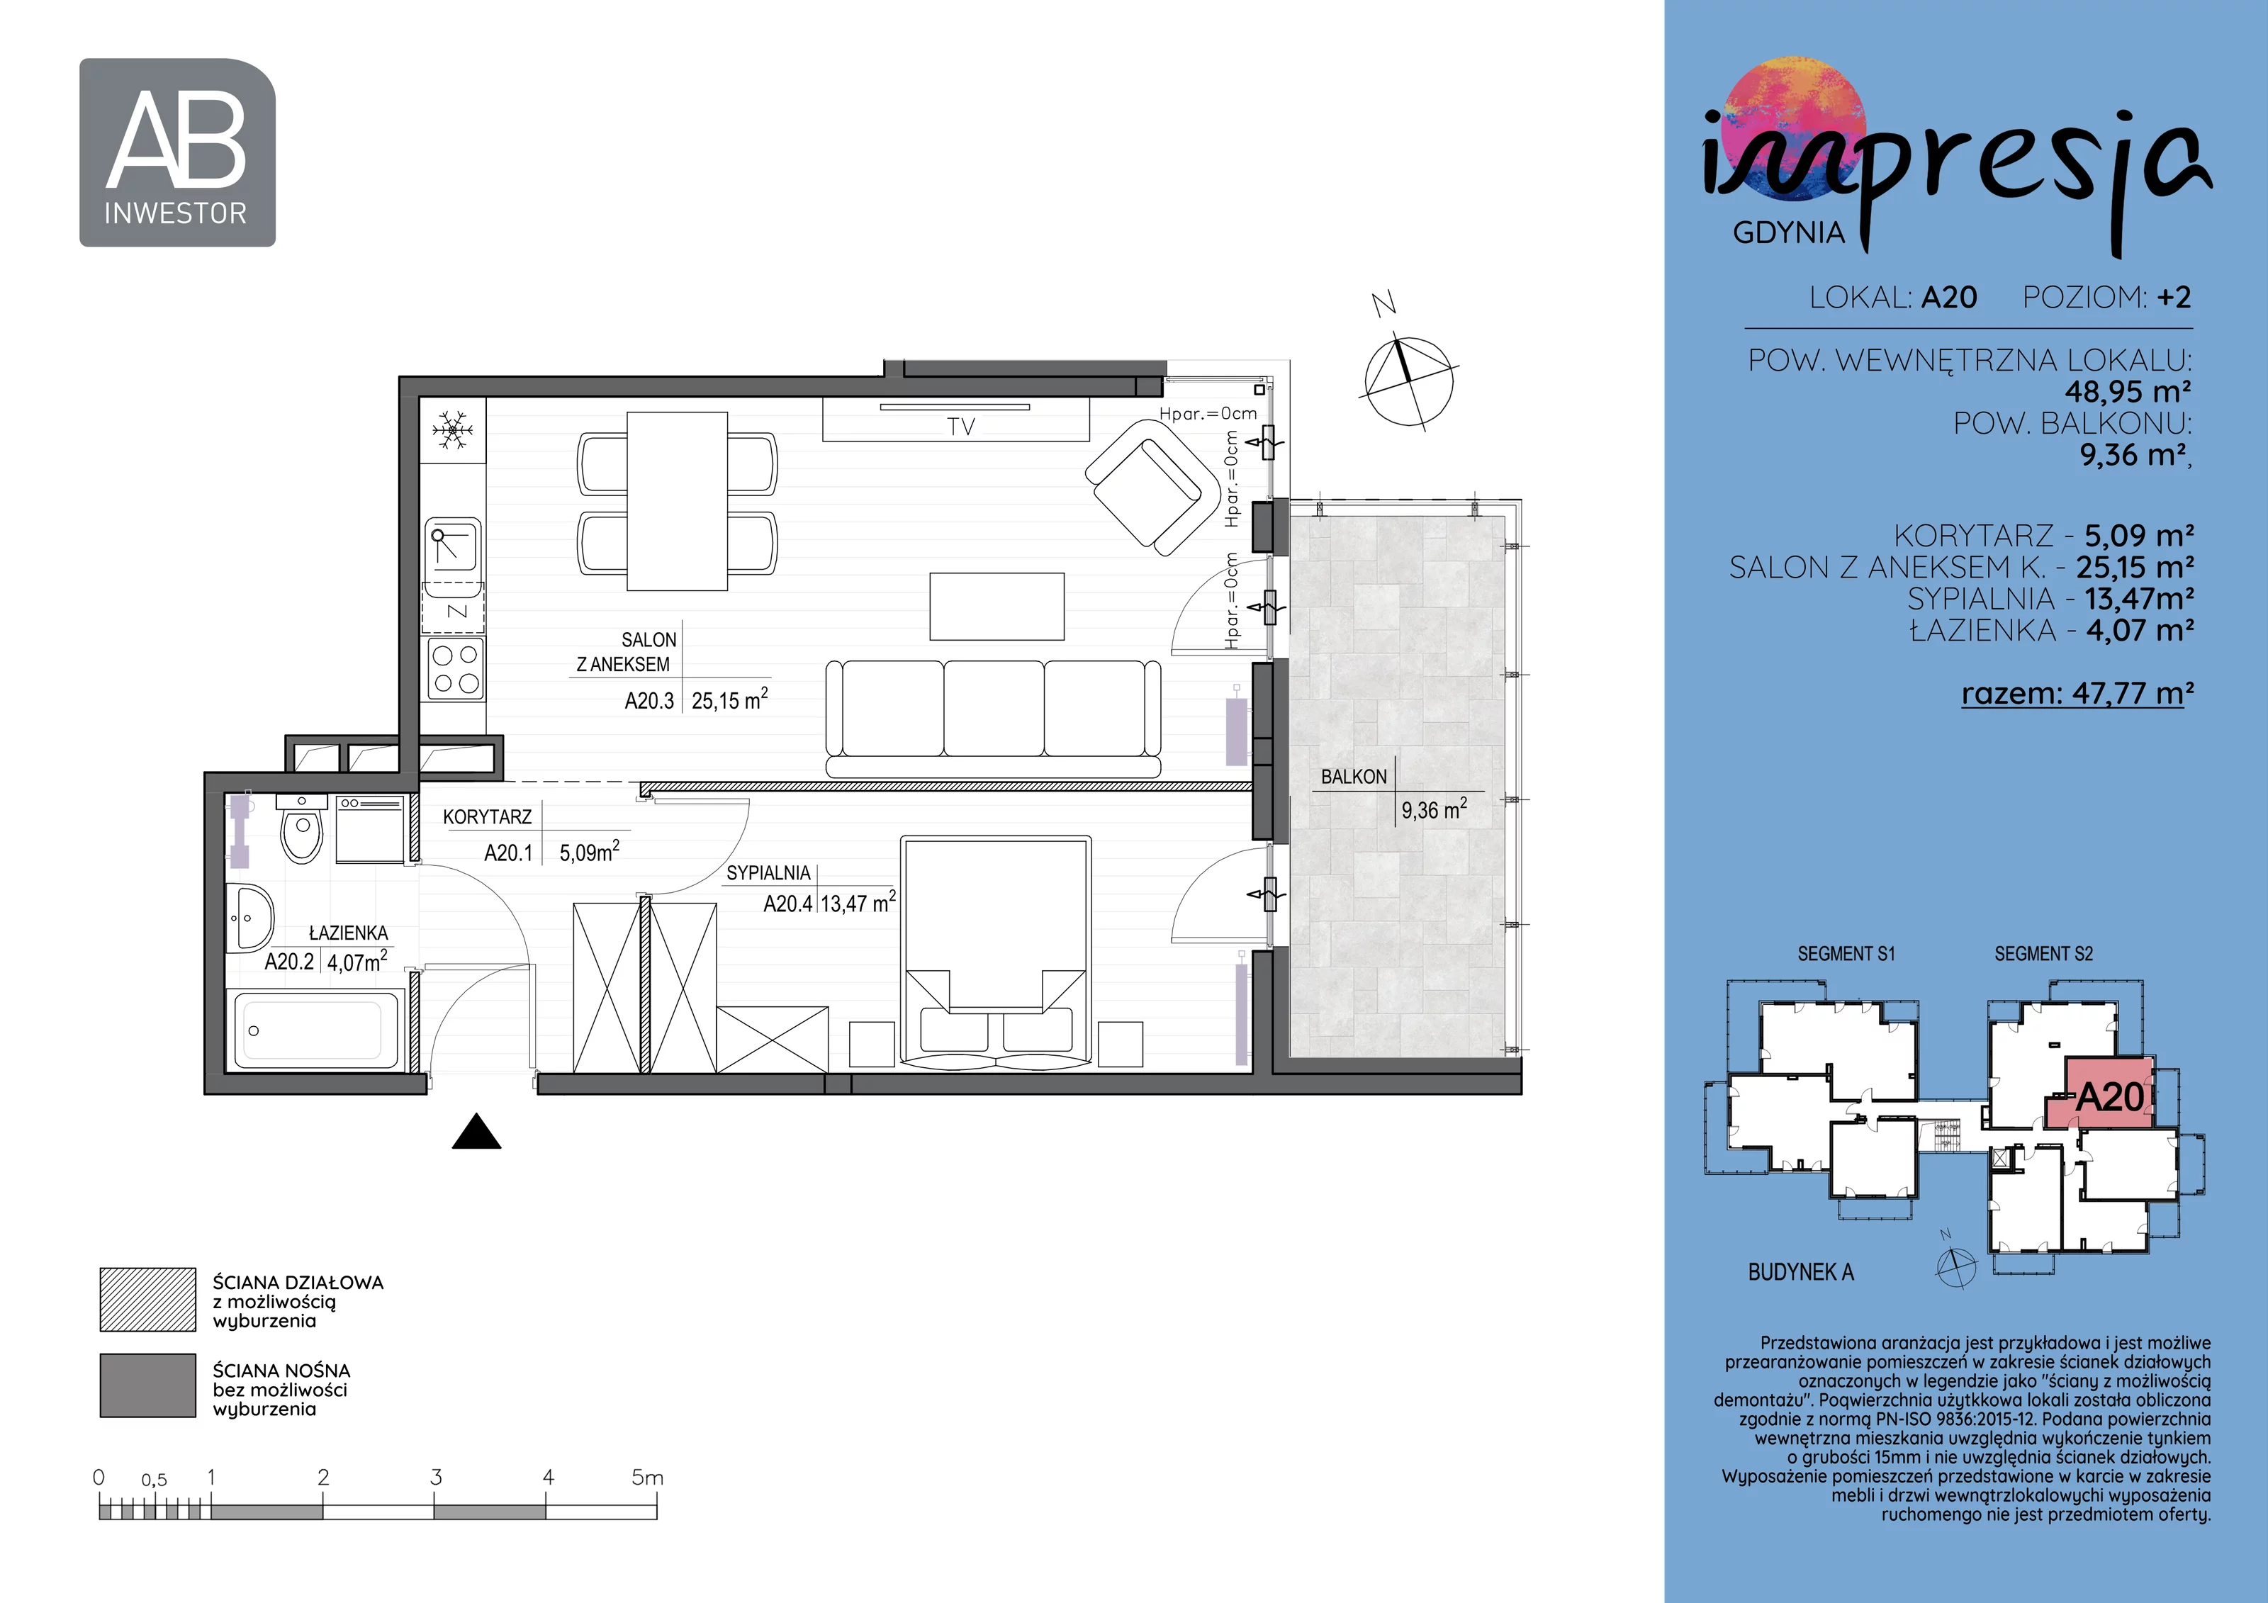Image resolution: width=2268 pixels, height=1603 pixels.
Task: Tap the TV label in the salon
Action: coord(960,427)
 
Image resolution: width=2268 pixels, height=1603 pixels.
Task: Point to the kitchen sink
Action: coord(454,549)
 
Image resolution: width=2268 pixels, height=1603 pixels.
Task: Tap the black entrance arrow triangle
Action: coord(476,1132)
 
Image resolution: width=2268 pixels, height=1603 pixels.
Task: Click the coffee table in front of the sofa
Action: coord(997,607)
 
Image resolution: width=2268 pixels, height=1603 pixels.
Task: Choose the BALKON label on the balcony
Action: coord(1353,777)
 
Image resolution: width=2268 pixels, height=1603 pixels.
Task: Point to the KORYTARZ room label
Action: coord(487,817)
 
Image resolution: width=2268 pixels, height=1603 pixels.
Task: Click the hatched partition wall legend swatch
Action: coord(148,1300)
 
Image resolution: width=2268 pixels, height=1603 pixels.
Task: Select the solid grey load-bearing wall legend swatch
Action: coord(148,1385)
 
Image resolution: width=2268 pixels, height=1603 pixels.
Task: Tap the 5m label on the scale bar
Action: coord(647,1478)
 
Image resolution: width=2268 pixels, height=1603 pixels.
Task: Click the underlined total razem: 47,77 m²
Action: coord(2077,693)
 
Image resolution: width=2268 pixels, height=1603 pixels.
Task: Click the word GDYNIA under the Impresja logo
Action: coord(1789,233)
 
